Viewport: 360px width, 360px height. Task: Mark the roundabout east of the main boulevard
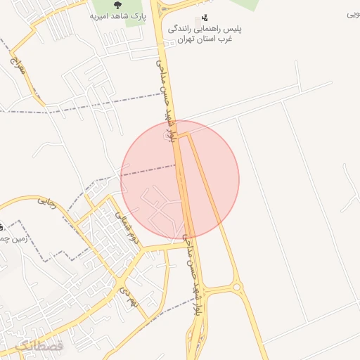236,286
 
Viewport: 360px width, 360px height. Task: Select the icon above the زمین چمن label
2,227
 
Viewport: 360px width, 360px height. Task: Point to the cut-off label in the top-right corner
353,14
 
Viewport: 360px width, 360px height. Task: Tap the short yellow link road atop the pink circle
181,134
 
